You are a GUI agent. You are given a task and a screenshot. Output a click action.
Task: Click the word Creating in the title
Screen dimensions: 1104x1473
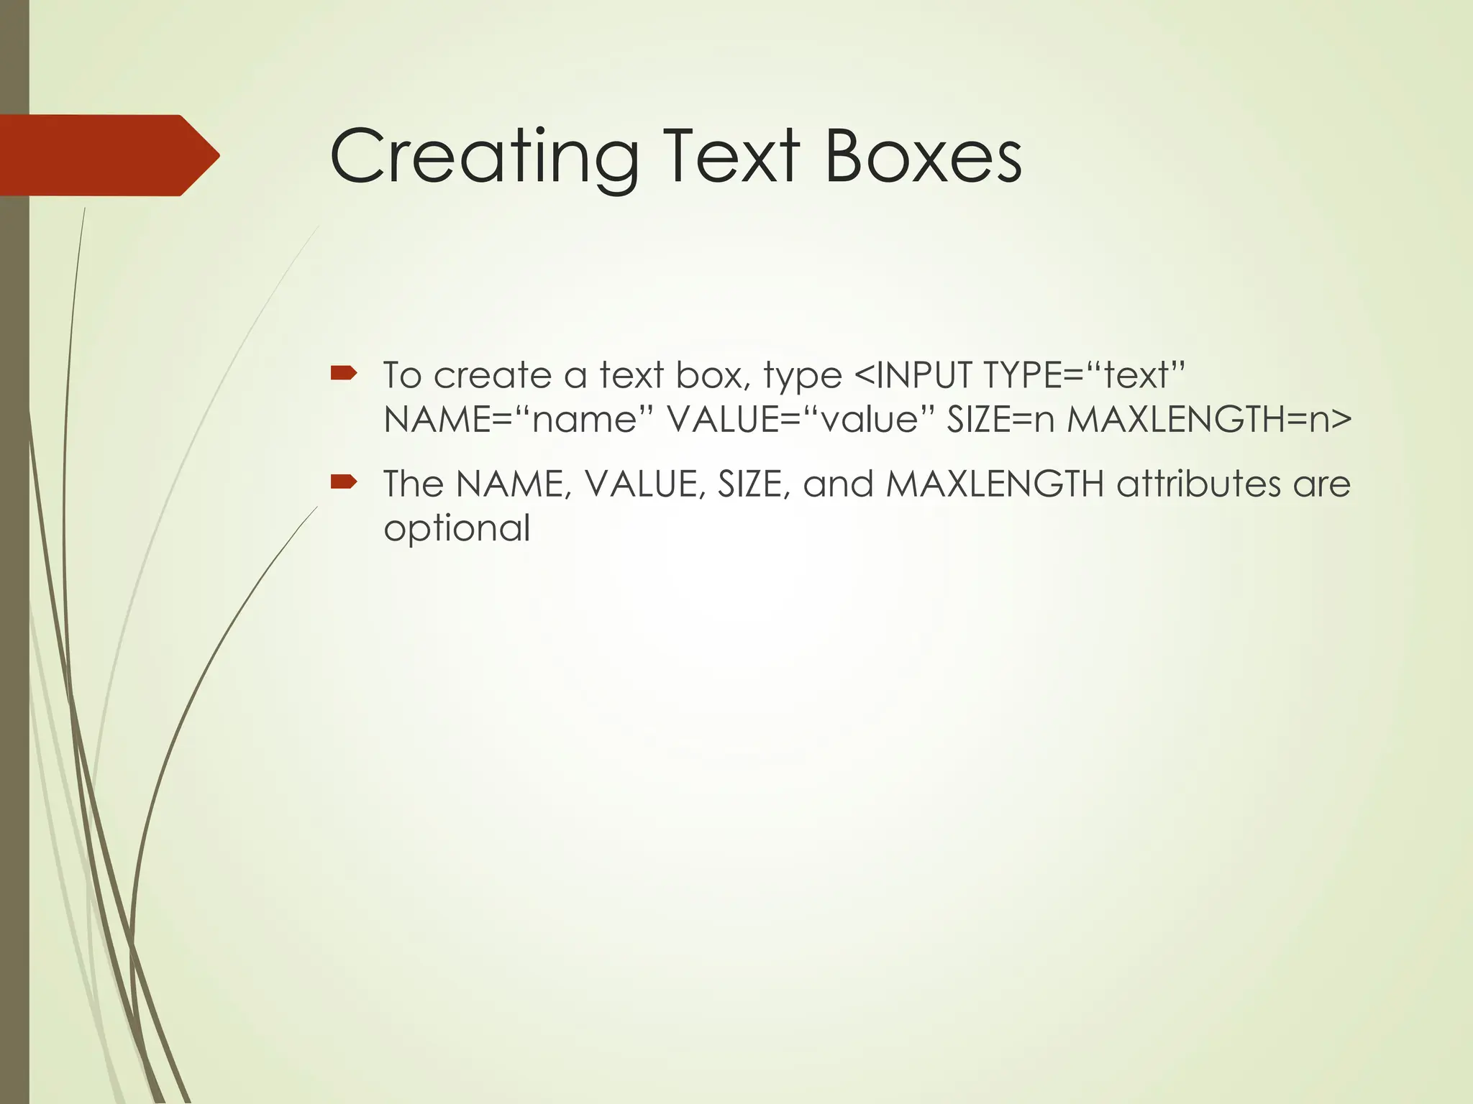click(x=484, y=157)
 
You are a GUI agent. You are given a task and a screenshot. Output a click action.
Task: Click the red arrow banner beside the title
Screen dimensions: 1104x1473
click(x=108, y=155)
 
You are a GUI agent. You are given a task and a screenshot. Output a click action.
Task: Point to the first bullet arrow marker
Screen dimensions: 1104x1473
click(x=344, y=372)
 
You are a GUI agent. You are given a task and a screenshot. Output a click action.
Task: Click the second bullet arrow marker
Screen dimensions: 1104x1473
click(x=344, y=481)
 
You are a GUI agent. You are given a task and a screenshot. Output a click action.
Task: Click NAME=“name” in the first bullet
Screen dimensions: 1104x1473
click(x=511, y=419)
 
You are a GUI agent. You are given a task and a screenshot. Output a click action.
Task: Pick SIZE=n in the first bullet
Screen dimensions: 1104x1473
click(x=1000, y=419)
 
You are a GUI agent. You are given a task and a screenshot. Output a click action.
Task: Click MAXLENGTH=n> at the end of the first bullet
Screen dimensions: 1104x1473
click(x=1208, y=419)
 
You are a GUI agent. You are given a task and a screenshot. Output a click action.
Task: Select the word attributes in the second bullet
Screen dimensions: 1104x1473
click(x=1198, y=484)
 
